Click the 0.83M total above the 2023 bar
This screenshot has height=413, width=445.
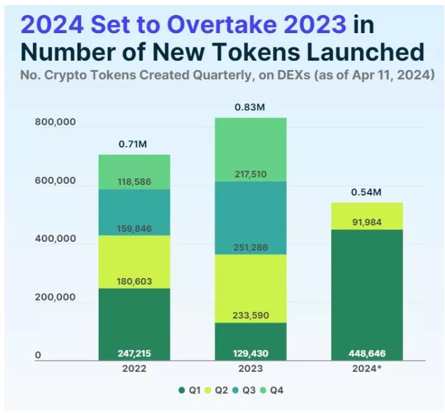(x=250, y=107)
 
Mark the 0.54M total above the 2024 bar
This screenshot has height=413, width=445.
(x=366, y=192)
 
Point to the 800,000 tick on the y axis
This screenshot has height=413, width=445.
(x=54, y=122)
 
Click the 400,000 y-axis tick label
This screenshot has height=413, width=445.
(x=54, y=239)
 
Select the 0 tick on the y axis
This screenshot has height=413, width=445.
(x=38, y=356)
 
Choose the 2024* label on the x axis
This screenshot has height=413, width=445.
(x=366, y=369)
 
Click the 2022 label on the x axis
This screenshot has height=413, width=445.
(x=134, y=369)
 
